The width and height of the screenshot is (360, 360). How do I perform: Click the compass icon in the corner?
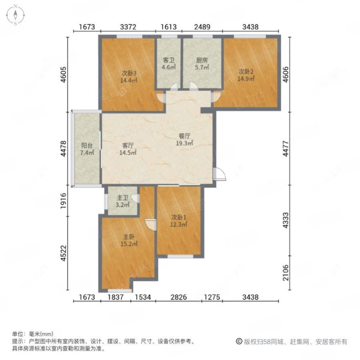click(15, 14)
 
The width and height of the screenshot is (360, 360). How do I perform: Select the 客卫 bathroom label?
click(168, 60)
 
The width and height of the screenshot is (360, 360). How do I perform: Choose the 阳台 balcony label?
click(87, 146)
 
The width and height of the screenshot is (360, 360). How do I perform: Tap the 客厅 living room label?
click(128, 146)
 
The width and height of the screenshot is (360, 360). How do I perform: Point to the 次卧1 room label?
click(178, 218)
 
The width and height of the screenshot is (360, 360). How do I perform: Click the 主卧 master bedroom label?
click(129, 237)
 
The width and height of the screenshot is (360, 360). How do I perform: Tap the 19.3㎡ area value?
click(184, 144)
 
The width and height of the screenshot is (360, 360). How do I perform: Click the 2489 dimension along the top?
click(202, 27)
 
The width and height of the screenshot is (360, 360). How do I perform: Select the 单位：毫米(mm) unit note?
click(33, 334)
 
